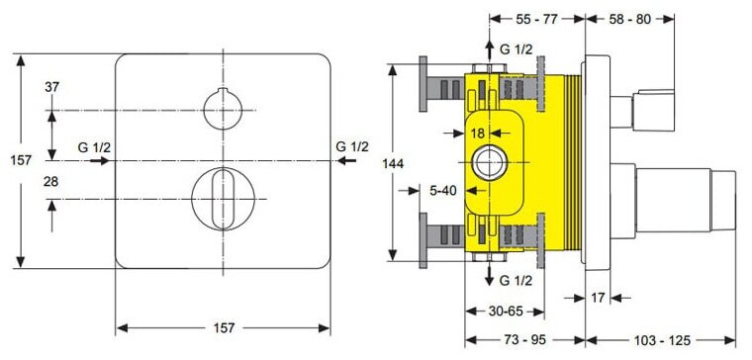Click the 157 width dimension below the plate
224,328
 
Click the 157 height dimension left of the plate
21,160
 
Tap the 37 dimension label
51,87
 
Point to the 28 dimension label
51,182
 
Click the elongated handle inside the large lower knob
223,199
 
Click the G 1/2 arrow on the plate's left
100,161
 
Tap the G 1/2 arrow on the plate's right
346,161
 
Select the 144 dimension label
393,163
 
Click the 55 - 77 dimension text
536,19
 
